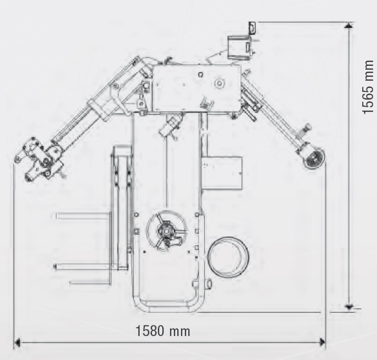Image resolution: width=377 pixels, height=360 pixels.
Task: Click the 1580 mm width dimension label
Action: (163, 331)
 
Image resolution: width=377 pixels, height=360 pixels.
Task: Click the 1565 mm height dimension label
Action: (368, 87)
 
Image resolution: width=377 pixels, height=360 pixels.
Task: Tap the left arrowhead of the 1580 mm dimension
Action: (17, 342)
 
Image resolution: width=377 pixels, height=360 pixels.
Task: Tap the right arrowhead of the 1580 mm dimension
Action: (322, 342)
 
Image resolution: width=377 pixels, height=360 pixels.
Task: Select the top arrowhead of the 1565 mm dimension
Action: (349, 25)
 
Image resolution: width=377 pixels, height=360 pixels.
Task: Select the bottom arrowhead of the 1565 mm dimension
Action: (349, 306)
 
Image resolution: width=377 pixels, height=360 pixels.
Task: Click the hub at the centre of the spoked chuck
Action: (166, 231)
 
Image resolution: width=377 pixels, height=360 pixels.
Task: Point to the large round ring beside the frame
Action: (228, 257)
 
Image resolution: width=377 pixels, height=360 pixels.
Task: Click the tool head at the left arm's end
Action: (38, 159)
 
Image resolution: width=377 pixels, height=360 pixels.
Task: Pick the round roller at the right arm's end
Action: (314, 158)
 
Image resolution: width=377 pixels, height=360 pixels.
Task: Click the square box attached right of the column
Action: (221, 173)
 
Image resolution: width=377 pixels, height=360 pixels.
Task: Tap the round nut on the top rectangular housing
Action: (219, 83)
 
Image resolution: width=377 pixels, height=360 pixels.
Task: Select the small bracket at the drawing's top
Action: (252, 28)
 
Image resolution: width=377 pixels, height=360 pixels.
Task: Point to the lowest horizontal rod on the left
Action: (90, 282)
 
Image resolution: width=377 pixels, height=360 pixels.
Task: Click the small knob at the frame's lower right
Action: (208, 284)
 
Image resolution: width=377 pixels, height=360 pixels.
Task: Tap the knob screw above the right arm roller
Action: (306, 128)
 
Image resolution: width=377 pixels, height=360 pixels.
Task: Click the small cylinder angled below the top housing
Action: (171, 125)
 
